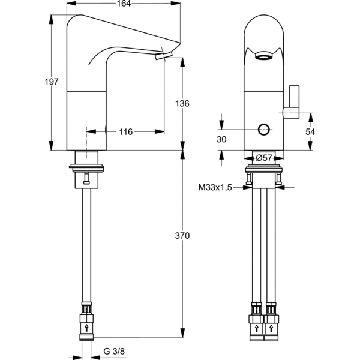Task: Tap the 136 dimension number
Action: [182, 103]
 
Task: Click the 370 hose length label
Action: [182, 236]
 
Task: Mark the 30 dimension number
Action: [221, 139]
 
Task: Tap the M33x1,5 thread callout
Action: [215, 187]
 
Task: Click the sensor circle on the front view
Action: [263, 129]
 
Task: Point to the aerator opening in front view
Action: [262, 58]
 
